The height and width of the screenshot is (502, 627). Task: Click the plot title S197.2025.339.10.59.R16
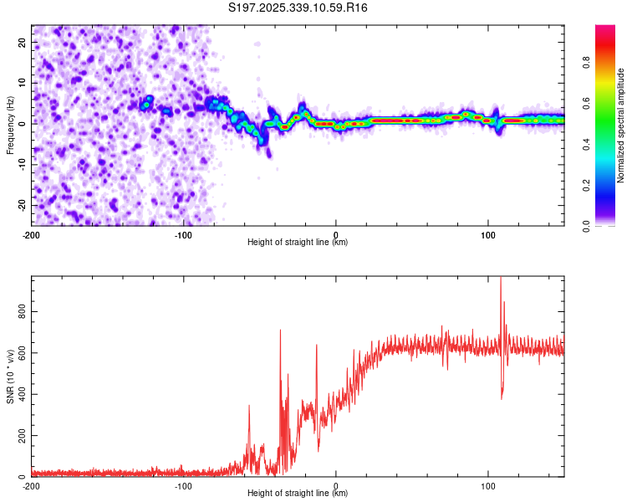tap(298, 8)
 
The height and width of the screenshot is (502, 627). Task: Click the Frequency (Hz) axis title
tap(10, 125)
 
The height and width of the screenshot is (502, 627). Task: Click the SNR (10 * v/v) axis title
tap(10, 376)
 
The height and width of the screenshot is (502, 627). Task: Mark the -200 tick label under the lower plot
tap(32, 485)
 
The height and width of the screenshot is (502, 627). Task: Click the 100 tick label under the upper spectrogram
tap(488, 234)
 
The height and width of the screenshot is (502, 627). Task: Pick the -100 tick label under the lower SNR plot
tap(184, 485)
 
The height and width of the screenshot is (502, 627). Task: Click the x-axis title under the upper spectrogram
tap(298, 243)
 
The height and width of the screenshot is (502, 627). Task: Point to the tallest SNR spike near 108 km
tap(501, 279)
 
